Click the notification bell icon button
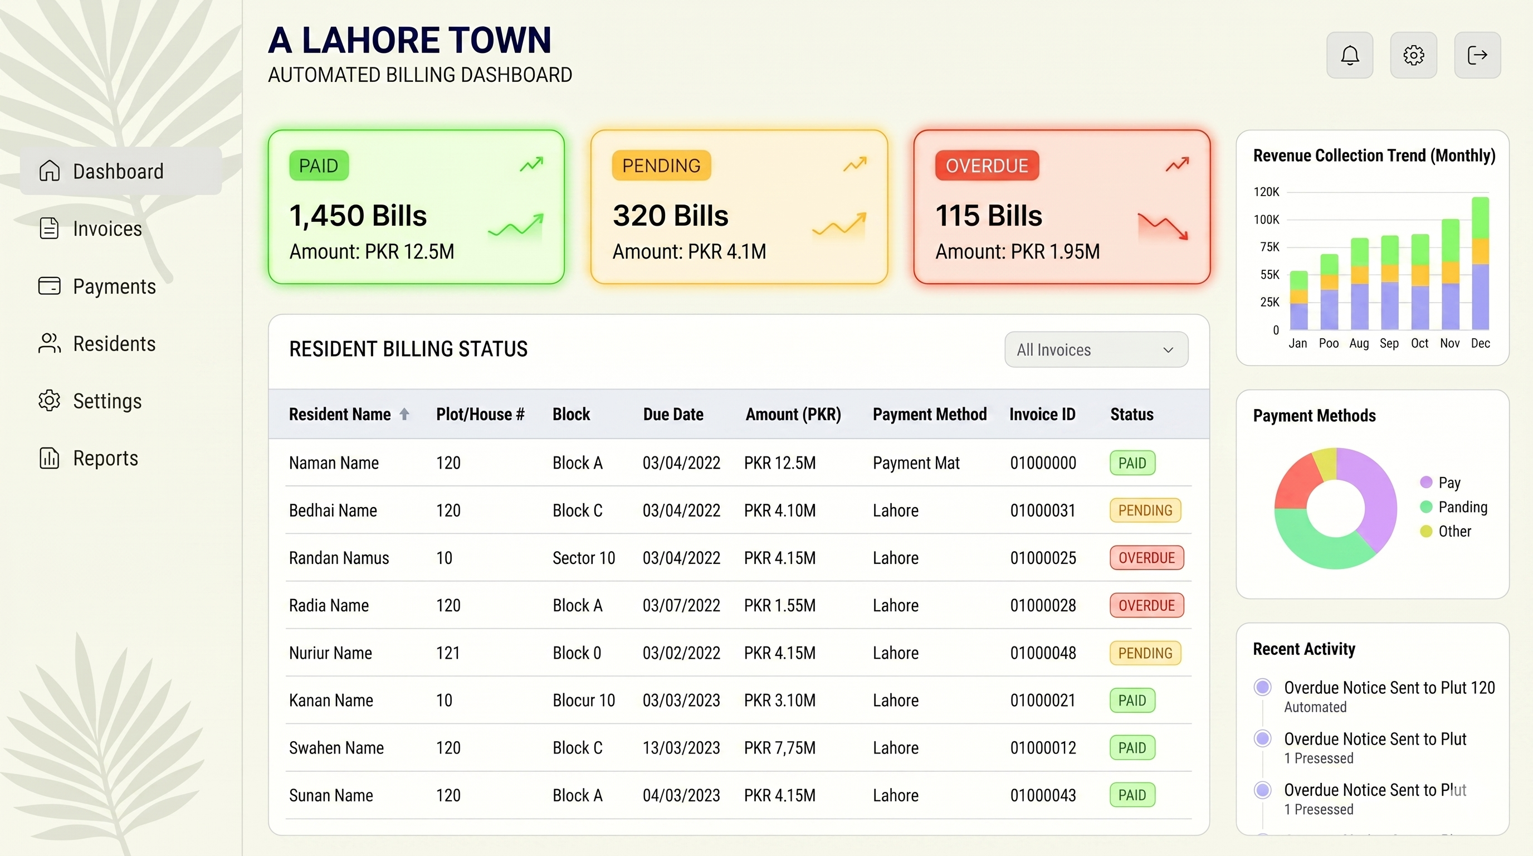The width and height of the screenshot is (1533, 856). [x=1349, y=55]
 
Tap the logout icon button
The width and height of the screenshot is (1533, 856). [x=1477, y=55]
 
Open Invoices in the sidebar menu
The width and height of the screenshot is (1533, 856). [x=107, y=228]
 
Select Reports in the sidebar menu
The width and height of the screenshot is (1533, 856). [x=105, y=458]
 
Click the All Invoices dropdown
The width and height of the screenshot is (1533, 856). [x=1096, y=349]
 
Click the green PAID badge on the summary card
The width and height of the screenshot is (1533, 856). [x=319, y=166]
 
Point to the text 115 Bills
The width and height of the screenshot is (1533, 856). [x=988, y=216]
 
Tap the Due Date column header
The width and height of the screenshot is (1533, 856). [x=672, y=414]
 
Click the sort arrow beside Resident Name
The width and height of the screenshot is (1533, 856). [x=404, y=414]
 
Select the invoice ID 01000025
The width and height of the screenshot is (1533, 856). [x=1043, y=558]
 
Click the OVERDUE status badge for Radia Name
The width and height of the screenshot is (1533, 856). [x=1146, y=605]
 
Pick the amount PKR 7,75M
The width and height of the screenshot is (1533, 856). [x=780, y=748]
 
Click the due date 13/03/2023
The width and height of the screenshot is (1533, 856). [x=681, y=748]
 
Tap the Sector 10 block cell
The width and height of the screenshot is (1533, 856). [x=583, y=558]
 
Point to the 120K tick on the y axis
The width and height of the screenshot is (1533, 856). [x=1266, y=192]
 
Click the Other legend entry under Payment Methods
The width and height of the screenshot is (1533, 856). [x=1454, y=531]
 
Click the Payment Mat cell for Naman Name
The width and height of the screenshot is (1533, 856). [x=916, y=463]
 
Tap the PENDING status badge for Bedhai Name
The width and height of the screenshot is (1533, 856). [x=1144, y=510]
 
